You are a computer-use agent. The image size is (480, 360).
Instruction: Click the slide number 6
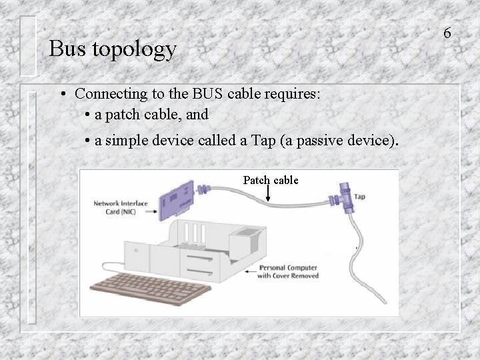tap(447, 32)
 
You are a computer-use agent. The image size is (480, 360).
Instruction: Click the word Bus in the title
tap(65, 49)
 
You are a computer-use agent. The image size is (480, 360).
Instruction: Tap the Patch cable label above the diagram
tap(270, 180)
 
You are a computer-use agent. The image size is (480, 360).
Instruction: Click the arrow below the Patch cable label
tap(268, 194)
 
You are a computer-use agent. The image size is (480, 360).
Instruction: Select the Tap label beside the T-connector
tap(359, 197)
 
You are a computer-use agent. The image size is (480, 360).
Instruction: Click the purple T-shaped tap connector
tap(345, 196)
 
